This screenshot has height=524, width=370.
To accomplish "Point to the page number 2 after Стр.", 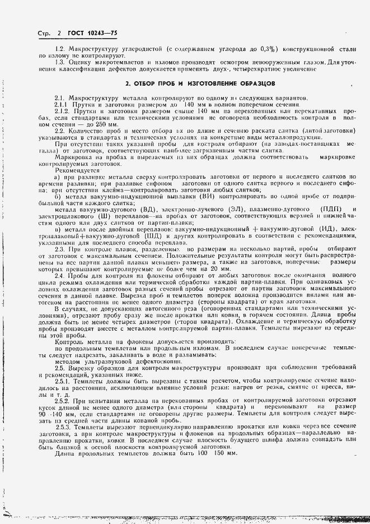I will click(59, 34).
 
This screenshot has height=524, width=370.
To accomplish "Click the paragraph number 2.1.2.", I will click(62, 111).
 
